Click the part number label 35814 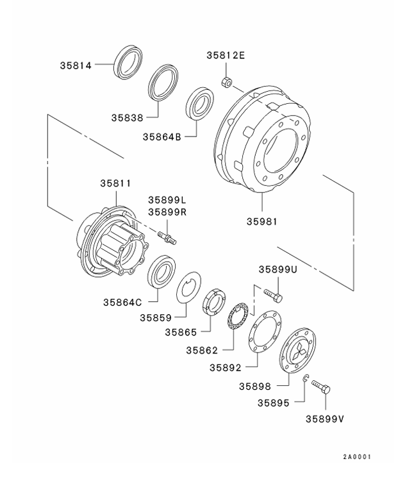point(76,65)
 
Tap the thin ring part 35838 point(165,83)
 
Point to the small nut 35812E point(226,81)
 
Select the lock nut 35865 point(214,304)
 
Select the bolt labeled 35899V point(322,387)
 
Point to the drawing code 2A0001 point(356,458)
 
